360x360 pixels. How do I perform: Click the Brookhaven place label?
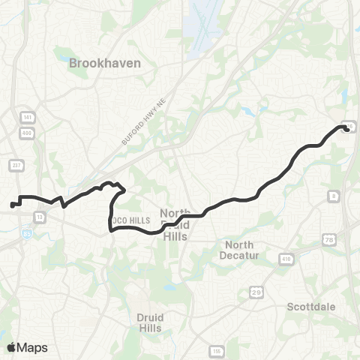(104, 64)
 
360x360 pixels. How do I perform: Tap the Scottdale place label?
(312, 306)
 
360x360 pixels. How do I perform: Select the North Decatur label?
(238, 250)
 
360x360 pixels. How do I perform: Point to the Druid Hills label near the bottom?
(151, 322)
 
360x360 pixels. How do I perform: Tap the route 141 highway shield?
(27, 118)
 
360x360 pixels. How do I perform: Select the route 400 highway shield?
(27, 132)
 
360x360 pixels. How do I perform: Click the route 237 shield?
(16, 165)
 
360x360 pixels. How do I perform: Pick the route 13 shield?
(37, 214)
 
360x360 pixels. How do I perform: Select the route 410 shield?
(286, 259)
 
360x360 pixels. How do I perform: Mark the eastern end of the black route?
(346, 128)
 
